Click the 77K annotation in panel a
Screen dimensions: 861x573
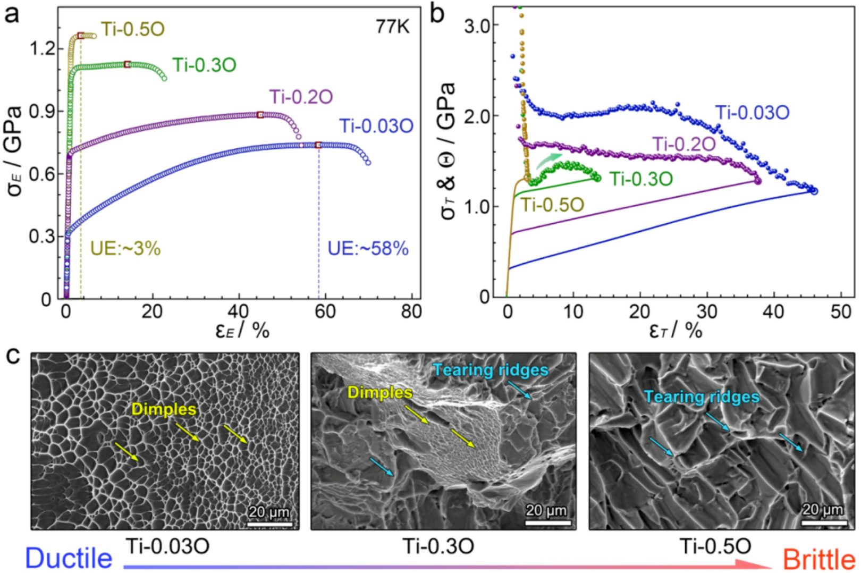pyautogui.click(x=392, y=27)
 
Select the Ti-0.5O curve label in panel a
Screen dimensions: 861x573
pyautogui.click(x=133, y=29)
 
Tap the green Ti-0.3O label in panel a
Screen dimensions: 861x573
pyautogui.click(x=205, y=65)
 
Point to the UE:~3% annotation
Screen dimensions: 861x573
pyautogui.click(x=125, y=249)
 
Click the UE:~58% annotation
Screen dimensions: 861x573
pyautogui.click(x=368, y=249)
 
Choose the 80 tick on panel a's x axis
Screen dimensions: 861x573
pyautogui.click(x=411, y=311)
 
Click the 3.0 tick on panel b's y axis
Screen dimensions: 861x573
pyautogui.click(x=476, y=25)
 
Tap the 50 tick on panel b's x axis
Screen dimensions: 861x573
pyautogui.click(x=841, y=311)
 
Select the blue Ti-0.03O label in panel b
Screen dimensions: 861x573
pyautogui.click(x=752, y=113)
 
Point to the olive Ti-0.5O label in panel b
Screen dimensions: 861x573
pyautogui.click(x=552, y=205)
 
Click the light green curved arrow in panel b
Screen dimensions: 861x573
pyautogui.click(x=548, y=159)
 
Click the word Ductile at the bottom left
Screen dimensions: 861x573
pyautogui.click(x=69, y=558)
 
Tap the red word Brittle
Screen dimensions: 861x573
pyautogui.click(x=819, y=559)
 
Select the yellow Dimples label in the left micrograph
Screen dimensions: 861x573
pyautogui.click(x=164, y=409)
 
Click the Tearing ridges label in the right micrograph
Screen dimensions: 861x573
pyautogui.click(x=702, y=397)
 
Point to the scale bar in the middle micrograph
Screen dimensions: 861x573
pyautogui.click(x=548, y=523)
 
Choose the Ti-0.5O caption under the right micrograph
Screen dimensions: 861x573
pyautogui.click(x=715, y=546)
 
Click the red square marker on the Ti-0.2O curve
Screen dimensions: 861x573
pyautogui.click(x=260, y=114)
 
